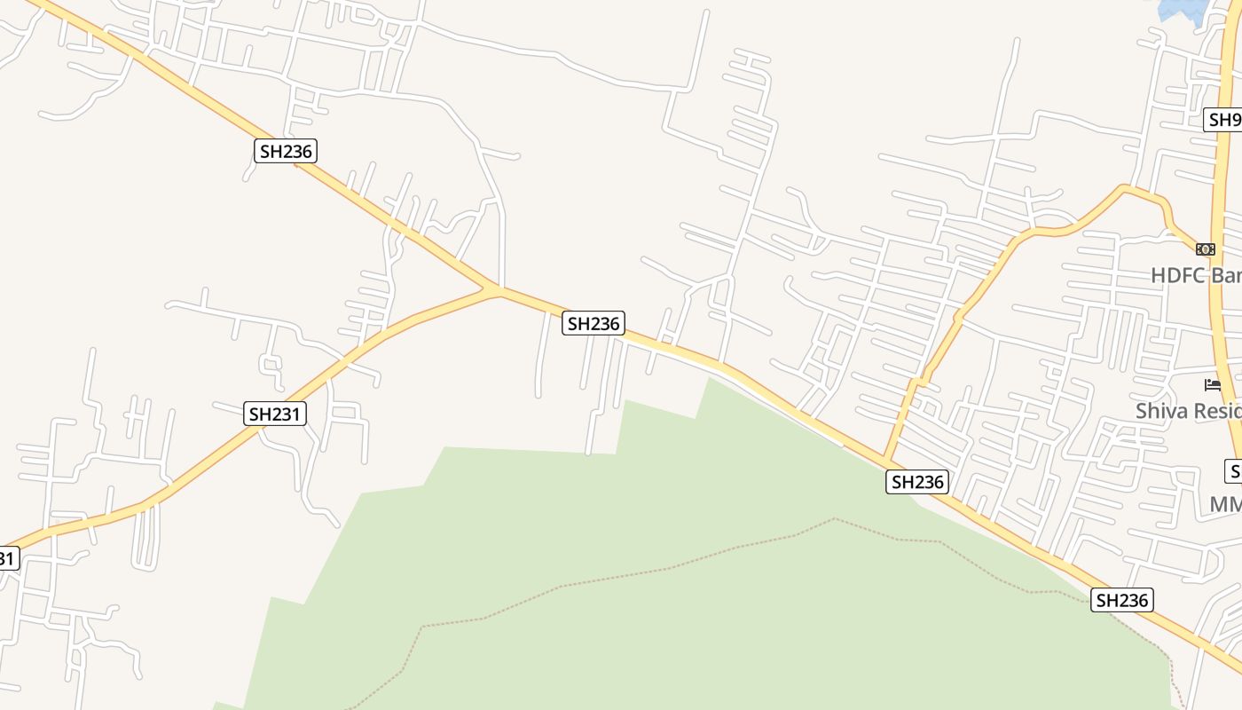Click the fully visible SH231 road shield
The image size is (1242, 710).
pos(275,414)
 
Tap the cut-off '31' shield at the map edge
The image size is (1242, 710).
pos(7,558)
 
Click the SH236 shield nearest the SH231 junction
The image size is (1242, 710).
pos(593,324)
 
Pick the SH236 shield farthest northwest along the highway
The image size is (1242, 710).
pos(286,151)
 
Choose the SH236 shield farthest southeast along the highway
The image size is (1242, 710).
pos(1121,601)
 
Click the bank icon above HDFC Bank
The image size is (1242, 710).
pos(1205,249)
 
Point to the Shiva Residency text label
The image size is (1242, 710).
pos(1189,411)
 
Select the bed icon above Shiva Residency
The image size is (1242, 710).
pos(1212,385)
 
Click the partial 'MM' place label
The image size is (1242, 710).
pos(1225,504)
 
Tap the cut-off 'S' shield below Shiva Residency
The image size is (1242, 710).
pos(1234,470)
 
